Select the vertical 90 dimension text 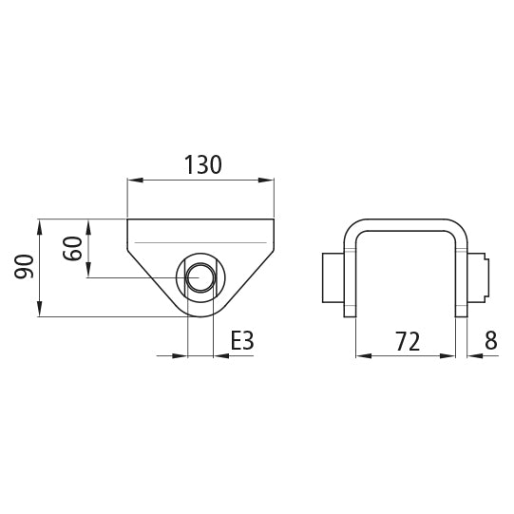25,267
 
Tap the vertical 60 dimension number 72,249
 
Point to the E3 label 243,341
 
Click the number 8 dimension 489,341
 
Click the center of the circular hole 200,277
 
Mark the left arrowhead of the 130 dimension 134,179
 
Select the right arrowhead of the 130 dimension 267,179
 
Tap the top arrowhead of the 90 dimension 39,224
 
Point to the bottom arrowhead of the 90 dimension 39,311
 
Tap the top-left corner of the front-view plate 127,219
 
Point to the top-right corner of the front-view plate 274,219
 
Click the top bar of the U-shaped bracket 406,225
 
